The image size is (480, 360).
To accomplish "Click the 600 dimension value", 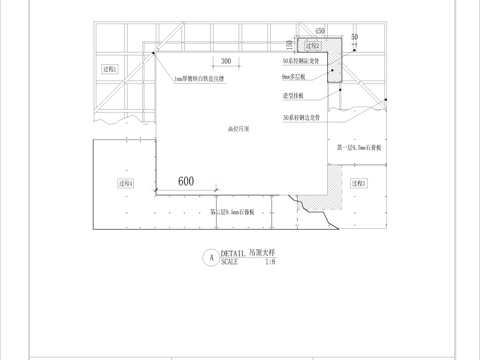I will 185,181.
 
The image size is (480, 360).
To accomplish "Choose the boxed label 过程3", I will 359,183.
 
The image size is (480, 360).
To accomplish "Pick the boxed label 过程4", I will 128,183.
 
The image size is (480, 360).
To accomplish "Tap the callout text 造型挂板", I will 294,96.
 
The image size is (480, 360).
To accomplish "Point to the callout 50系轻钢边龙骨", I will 301,118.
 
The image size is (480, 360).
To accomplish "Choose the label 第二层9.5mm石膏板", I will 235,212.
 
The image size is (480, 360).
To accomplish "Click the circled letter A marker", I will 209,257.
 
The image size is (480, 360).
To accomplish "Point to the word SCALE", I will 229,262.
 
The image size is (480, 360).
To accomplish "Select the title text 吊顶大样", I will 265,253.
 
